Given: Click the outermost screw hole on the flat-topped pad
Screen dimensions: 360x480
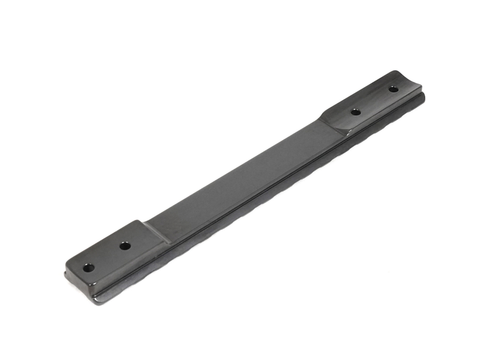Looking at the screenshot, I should tap(88, 267).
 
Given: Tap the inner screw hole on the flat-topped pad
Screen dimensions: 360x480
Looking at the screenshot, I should tap(125, 246).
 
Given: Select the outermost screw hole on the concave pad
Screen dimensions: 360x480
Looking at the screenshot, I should tap(393, 89).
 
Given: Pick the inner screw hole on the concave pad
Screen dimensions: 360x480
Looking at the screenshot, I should tap(356, 112).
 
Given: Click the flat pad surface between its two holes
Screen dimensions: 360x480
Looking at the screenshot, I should tap(107, 256).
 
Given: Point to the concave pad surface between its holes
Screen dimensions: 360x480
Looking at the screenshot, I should tap(374, 100).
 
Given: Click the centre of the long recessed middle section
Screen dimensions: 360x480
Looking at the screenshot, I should tap(245, 178).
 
